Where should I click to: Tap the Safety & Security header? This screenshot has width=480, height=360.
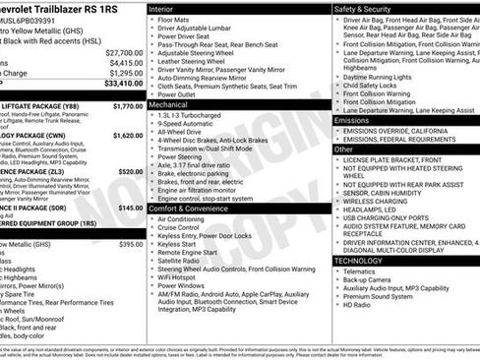click(363, 8)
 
